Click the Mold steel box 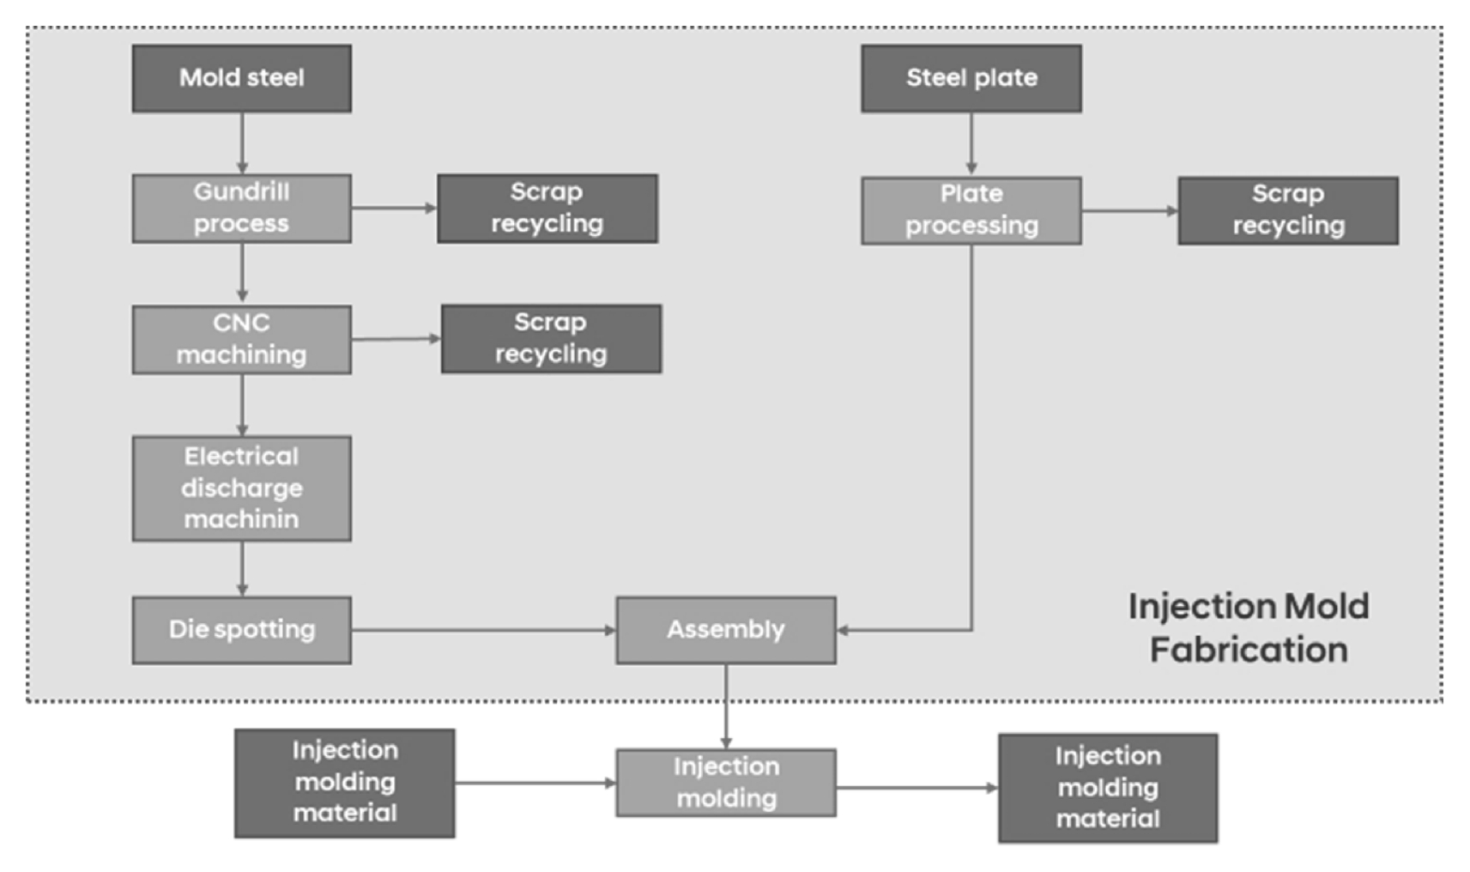[241, 78]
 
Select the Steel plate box [971, 78]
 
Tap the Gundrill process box [241, 208]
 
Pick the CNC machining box [241, 339]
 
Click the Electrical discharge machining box [241, 488]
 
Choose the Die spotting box [241, 630]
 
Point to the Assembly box [726, 630]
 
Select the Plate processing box [971, 210]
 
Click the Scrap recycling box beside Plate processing [1288, 210]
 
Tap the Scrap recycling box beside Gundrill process [547, 208]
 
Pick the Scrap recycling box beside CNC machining [551, 338]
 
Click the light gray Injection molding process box [726, 783]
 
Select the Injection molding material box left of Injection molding [344, 783]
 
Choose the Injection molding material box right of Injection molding [1108, 788]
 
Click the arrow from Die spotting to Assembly [484, 630]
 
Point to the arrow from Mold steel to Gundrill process [242, 143]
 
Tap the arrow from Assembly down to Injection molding [726, 706]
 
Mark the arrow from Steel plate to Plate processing [972, 144]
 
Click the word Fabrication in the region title [1249, 651]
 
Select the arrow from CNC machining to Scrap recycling [396, 338]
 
